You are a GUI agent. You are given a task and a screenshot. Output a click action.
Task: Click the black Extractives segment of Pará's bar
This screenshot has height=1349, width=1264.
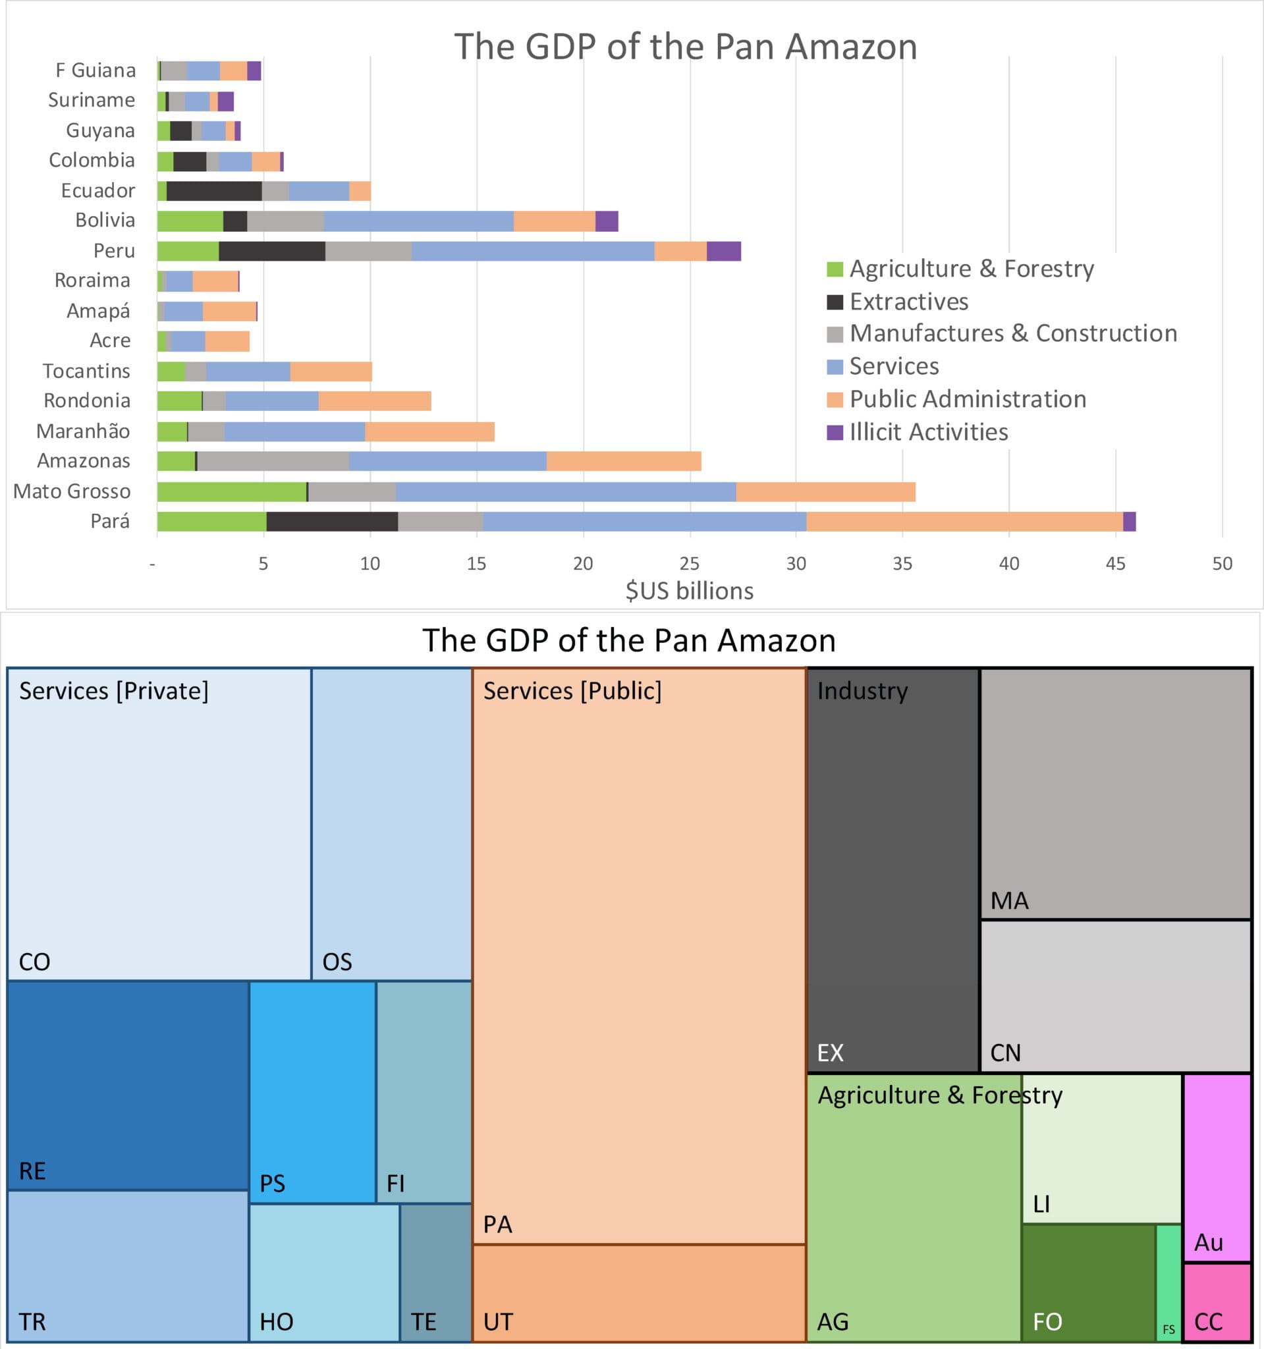click(332, 522)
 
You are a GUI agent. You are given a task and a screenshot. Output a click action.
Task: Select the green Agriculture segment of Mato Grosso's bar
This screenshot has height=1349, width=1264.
click(231, 491)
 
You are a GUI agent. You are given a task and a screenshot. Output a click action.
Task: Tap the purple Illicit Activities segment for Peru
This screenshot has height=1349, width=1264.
click(723, 251)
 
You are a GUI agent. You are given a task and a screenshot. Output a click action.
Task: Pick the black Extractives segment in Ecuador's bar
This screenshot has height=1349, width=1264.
click(213, 190)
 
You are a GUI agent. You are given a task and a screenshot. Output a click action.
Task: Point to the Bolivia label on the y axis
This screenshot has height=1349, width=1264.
click(105, 221)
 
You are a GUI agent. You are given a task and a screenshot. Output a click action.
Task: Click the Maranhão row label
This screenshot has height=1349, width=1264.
click(83, 431)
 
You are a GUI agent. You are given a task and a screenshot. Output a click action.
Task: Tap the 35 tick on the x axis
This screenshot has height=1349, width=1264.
click(902, 563)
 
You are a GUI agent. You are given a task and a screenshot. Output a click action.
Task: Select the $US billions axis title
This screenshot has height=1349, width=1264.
click(690, 591)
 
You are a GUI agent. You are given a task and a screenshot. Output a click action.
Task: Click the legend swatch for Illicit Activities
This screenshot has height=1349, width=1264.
click(835, 432)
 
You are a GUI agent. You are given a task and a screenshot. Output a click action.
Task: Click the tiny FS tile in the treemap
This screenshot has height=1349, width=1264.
click(1168, 1282)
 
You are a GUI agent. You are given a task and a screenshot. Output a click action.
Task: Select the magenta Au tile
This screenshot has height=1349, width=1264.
click(1217, 1167)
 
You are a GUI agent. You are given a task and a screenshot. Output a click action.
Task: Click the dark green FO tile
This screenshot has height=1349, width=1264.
click(1088, 1282)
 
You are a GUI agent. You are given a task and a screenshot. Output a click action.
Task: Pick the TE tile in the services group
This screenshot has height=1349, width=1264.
click(435, 1273)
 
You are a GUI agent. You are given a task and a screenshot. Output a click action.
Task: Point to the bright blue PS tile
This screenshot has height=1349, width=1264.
click(312, 1093)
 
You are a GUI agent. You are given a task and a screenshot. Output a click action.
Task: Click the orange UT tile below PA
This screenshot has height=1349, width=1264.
click(638, 1292)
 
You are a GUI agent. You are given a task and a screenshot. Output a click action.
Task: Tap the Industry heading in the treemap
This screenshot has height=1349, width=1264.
click(862, 691)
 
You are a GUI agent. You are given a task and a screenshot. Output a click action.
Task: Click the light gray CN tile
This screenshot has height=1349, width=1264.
click(1115, 996)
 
